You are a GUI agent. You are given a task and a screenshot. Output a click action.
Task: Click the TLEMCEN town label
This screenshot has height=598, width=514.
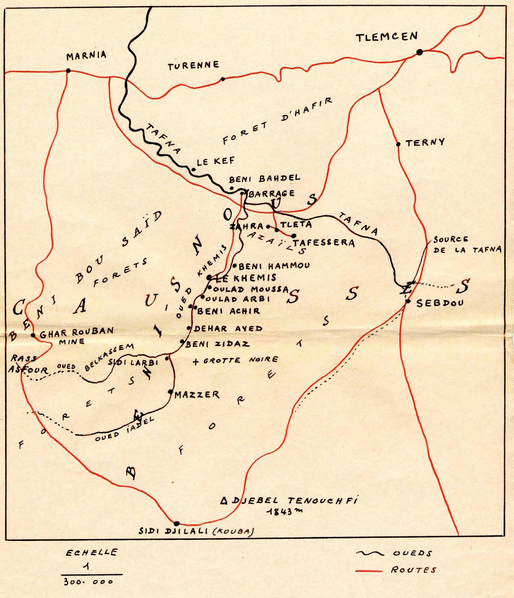click(386, 37)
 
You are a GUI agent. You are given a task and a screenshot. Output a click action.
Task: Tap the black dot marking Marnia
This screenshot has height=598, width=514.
click(68, 70)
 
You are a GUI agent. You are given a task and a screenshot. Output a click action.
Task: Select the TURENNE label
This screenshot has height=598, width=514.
click(193, 66)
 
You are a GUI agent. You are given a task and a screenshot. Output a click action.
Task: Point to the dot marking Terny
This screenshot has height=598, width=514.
click(398, 144)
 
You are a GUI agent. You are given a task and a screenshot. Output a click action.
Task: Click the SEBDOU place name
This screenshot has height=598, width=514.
click(440, 303)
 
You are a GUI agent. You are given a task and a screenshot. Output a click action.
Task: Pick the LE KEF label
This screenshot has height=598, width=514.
click(216, 161)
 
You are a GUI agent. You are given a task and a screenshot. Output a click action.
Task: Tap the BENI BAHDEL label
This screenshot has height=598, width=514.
click(264, 178)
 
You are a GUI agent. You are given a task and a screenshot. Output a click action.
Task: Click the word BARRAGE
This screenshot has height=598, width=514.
click(272, 194)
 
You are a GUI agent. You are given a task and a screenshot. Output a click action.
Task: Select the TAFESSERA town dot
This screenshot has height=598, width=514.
click(294, 236)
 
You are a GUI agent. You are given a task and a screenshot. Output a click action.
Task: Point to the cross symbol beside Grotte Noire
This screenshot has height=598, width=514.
click(196, 361)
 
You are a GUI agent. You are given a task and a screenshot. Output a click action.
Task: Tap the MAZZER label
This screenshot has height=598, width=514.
click(197, 395)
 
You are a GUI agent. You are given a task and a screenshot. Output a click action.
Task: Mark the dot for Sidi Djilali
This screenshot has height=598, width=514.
click(177, 523)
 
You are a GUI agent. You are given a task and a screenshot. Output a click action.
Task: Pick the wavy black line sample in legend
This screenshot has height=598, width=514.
click(370, 554)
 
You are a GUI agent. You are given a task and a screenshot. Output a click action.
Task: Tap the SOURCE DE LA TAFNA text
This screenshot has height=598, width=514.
click(466, 245)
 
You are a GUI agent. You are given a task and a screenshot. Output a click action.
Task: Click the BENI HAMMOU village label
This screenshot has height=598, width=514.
click(274, 266)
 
